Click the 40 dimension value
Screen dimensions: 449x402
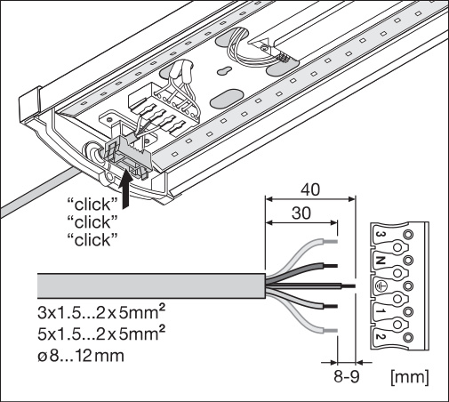310,189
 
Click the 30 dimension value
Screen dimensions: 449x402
301,213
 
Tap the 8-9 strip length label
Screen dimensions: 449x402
347,377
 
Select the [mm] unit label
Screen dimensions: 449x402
410,377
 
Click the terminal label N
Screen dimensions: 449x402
381,261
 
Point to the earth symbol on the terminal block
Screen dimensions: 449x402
381,285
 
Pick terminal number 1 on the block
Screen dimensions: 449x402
381,311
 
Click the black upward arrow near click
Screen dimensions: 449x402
125,189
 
